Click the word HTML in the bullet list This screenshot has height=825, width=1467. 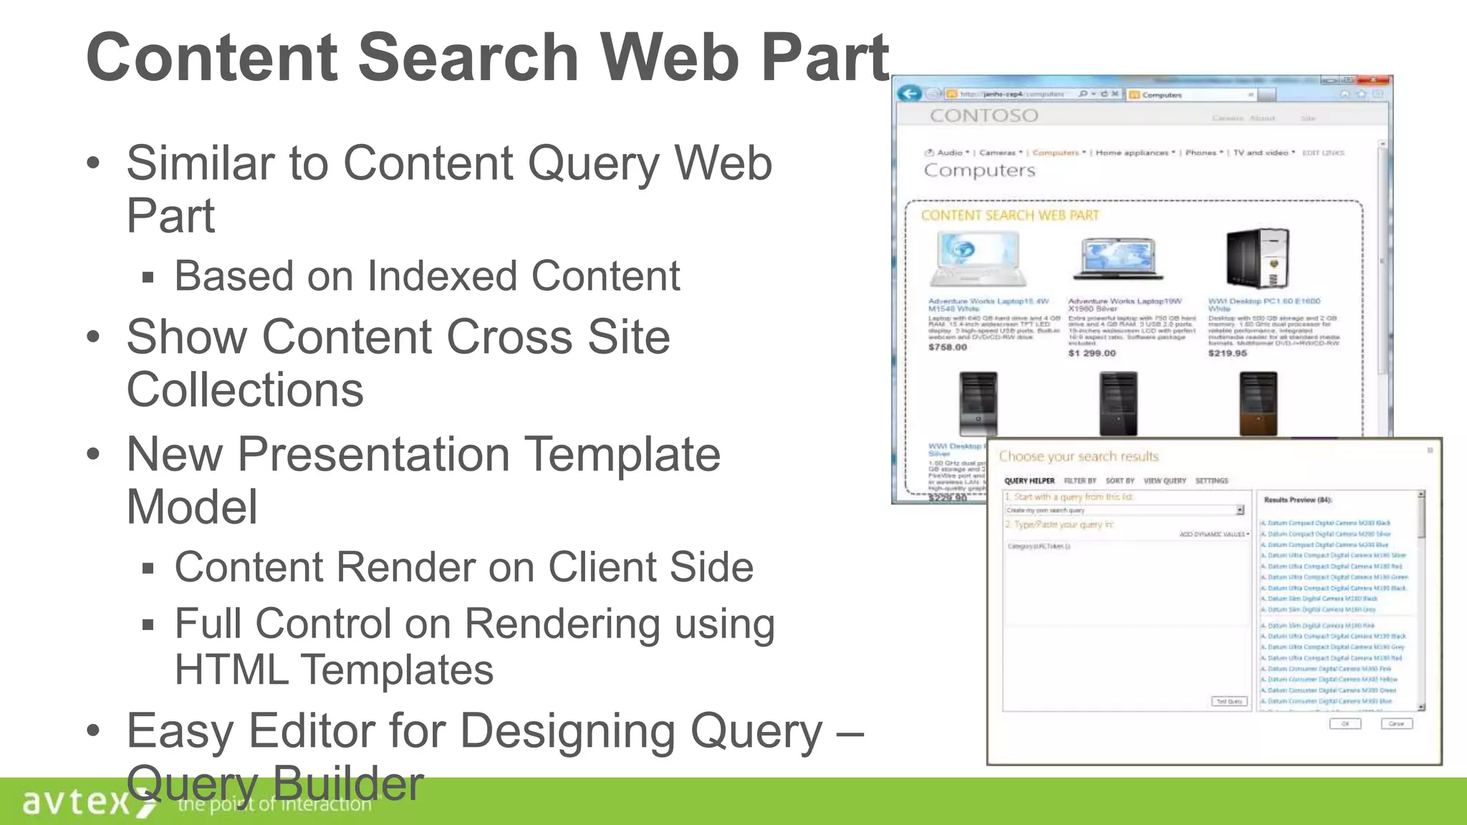(x=231, y=670)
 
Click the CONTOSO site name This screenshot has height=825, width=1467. (x=983, y=116)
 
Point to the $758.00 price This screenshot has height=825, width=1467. (x=948, y=347)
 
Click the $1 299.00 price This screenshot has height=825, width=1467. (x=1092, y=353)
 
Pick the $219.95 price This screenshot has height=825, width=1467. (x=1227, y=353)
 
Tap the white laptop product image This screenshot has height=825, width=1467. (x=978, y=259)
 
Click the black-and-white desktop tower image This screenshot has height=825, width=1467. (x=1257, y=258)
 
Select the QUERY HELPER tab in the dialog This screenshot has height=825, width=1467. (x=1029, y=481)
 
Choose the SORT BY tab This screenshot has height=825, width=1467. (x=1120, y=481)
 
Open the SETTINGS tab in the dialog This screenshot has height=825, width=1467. (x=1211, y=481)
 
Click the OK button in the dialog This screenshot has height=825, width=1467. (x=1345, y=724)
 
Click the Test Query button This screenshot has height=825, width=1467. (x=1229, y=701)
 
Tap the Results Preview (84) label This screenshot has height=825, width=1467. (x=1297, y=500)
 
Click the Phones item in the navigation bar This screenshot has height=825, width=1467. (x=1201, y=153)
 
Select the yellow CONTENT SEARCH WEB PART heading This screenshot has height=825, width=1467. (x=1009, y=216)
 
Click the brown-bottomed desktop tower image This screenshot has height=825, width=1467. (x=1258, y=404)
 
